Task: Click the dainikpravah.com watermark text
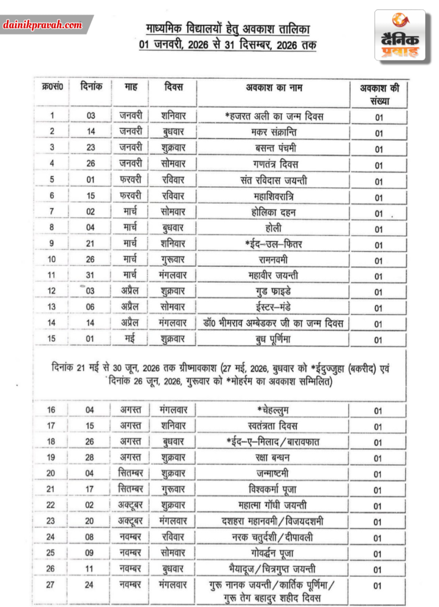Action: pyautogui.click(x=42, y=25)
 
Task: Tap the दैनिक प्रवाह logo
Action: pyautogui.click(x=400, y=36)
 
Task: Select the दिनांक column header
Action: pyautogui.click(x=91, y=87)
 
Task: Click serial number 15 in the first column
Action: pyautogui.click(x=52, y=340)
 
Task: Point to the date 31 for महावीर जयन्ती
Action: pyautogui.click(x=91, y=275)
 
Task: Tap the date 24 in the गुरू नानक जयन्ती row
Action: pyautogui.click(x=91, y=585)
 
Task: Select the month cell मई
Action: pyautogui.click(x=131, y=340)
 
